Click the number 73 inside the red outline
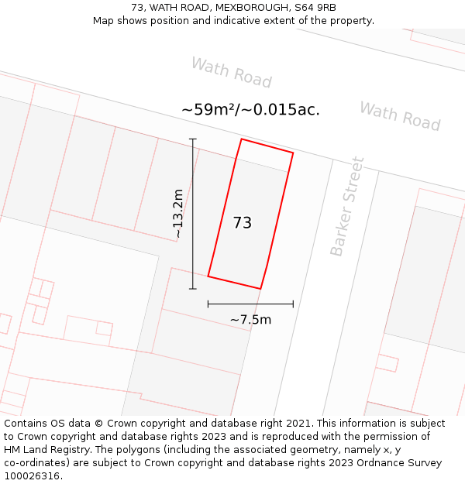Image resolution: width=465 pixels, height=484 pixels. pyautogui.click(x=242, y=223)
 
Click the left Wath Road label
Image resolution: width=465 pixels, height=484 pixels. pyautogui.click(x=231, y=73)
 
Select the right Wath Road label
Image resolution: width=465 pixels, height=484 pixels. pyautogui.click(x=399, y=116)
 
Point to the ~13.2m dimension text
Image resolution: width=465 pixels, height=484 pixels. pyautogui.click(x=178, y=214)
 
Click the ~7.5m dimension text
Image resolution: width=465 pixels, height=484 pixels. pyautogui.click(x=250, y=319)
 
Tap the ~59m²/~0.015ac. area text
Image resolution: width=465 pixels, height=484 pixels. pyautogui.click(x=250, y=110)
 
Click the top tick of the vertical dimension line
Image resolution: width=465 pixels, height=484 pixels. pyautogui.click(x=193, y=139)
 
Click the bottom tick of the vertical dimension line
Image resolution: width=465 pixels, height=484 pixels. pyautogui.click(x=193, y=289)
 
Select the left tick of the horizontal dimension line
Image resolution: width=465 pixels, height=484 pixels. pyautogui.click(x=208, y=304)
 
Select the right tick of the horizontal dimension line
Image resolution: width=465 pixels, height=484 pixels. pyautogui.click(x=293, y=304)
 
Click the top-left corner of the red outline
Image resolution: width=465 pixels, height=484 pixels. pyautogui.click(x=242, y=139)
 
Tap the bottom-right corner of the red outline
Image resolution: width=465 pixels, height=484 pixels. pyautogui.click(x=260, y=289)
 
